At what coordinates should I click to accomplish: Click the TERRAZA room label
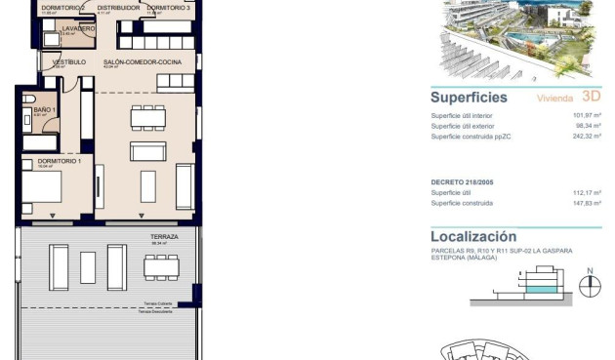point(163,237)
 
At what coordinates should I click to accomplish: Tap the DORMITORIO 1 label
point(58,161)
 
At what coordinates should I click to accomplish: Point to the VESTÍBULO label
point(68,61)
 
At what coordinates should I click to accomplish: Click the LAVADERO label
point(78,29)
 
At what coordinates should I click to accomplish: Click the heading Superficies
point(469,98)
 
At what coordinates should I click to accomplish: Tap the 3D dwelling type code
point(590,97)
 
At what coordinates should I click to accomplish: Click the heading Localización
point(472,236)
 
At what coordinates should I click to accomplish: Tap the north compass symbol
point(589,286)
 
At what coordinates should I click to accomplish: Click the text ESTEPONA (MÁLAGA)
point(464,259)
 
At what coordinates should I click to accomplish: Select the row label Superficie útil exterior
point(467,126)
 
